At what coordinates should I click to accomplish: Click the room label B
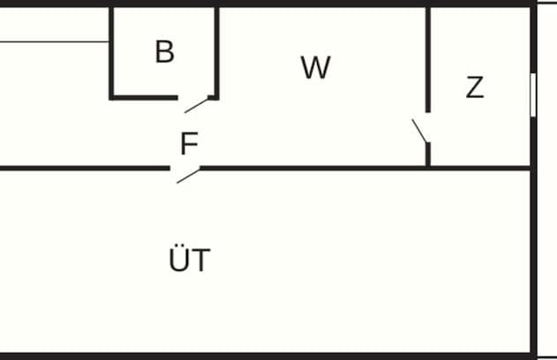(x=165, y=52)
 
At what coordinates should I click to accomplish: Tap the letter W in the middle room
(x=316, y=67)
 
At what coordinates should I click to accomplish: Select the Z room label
(x=475, y=87)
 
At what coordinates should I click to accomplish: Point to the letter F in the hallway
(x=189, y=143)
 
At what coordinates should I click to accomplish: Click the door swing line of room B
(x=196, y=105)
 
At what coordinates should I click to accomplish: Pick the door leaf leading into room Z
(x=419, y=131)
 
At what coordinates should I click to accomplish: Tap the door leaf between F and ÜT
(x=188, y=176)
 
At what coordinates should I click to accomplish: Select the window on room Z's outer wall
(x=533, y=94)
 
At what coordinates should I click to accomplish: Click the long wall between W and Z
(x=428, y=60)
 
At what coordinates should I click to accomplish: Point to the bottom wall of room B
(x=144, y=98)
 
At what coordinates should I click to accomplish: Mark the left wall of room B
(x=111, y=53)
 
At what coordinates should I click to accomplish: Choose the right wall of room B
(x=216, y=53)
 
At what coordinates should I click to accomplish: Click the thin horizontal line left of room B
(x=54, y=41)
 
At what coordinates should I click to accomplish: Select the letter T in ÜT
(x=201, y=260)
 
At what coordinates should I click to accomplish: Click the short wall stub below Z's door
(x=428, y=154)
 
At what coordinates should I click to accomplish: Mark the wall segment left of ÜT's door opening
(x=85, y=169)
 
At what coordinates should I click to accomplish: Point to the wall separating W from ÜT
(x=312, y=169)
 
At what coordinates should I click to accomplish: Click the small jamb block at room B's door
(x=212, y=97)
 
